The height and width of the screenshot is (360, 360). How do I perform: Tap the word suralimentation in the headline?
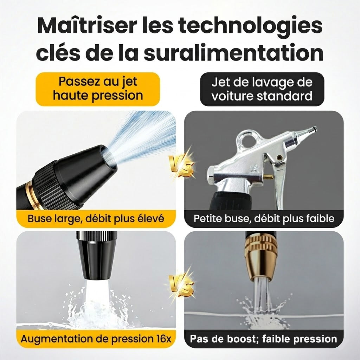pyautogui.click(x=234, y=53)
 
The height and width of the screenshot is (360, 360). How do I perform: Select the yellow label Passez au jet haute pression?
pyautogui.click(x=98, y=89)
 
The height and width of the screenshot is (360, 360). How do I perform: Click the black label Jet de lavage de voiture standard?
pyautogui.click(x=262, y=89)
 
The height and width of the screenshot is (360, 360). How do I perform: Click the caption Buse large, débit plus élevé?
pyautogui.click(x=96, y=218)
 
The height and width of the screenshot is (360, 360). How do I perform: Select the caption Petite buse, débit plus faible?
pyautogui.click(x=264, y=218)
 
